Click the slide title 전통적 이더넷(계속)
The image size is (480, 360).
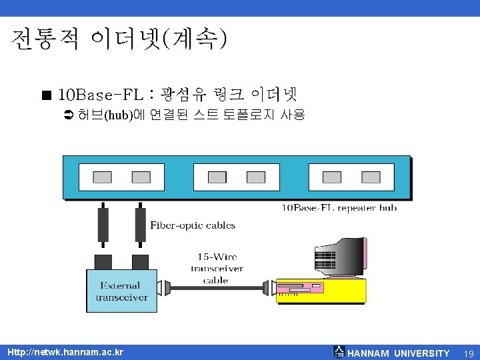(x=119, y=41)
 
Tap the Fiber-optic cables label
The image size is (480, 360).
(x=193, y=225)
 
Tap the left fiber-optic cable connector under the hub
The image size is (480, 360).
(x=103, y=225)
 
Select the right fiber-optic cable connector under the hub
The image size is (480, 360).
(x=140, y=225)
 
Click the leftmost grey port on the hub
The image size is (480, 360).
(x=102, y=177)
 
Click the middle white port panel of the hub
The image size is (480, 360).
(x=237, y=177)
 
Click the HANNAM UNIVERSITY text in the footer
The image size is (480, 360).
(x=399, y=353)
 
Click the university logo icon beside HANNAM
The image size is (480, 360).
(x=339, y=352)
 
